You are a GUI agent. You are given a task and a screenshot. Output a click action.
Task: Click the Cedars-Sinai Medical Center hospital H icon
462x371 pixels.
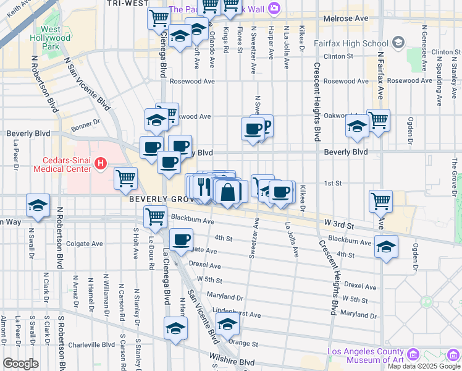coord(101,164)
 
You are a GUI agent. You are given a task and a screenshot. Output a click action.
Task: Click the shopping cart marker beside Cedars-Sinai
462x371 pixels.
coord(126,178)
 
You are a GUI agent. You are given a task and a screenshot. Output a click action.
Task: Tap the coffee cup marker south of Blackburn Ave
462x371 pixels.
coord(181,240)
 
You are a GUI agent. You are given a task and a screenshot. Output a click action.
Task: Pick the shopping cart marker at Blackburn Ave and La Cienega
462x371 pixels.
coord(154,216)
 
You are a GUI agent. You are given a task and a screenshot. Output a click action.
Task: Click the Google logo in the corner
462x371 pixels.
coord(20,364)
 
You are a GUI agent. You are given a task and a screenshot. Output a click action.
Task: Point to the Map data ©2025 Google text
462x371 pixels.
coord(424,366)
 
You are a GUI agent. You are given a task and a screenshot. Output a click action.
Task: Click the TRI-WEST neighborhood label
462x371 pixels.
coord(127,3)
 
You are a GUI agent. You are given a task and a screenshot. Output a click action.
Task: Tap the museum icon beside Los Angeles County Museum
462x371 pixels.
coord(413,354)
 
